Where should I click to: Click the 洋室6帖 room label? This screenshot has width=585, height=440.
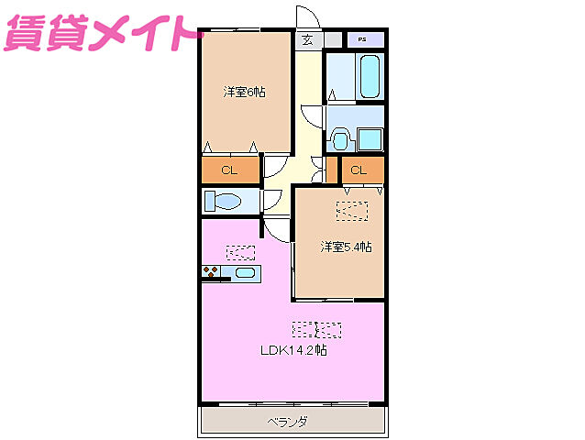pyautogui.click(x=244, y=93)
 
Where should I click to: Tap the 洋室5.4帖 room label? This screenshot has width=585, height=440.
pyautogui.click(x=346, y=247)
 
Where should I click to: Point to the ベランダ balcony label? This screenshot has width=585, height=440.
pyautogui.click(x=288, y=422)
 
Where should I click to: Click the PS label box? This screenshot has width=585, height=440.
pyautogui.click(x=363, y=40)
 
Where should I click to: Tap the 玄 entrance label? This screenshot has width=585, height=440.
pyautogui.click(x=307, y=40)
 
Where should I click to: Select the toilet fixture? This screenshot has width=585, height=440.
pyautogui.click(x=224, y=200)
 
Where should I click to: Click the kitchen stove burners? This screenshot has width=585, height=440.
pyautogui.click(x=212, y=272)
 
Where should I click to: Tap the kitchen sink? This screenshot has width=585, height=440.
pyautogui.click(x=244, y=272)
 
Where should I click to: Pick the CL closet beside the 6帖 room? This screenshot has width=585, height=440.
pyautogui.click(x=229, y=170)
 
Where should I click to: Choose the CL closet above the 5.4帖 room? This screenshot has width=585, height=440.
pyautogui.click(x=359, y=170)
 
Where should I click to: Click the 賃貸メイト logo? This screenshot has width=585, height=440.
pyautogui.click(x=101, y=34)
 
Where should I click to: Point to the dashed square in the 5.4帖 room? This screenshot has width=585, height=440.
pyautogui.click(x=350, y=211)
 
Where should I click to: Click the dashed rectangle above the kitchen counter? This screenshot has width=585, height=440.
pyautogui.click(x=241, y=252)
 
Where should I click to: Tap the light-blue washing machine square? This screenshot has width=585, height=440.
pyautogui.click(x=370, y=138)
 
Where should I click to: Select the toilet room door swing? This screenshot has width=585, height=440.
pyautogui.click(x=272, y=202)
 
